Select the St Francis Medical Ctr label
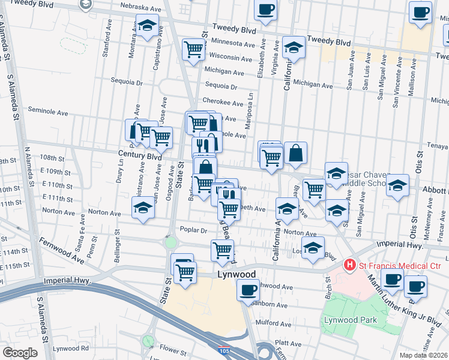(400, 265)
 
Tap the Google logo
(20, 353)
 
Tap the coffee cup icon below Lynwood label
(247, 291)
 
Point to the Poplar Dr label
(193, 230)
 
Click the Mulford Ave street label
(273, 323)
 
